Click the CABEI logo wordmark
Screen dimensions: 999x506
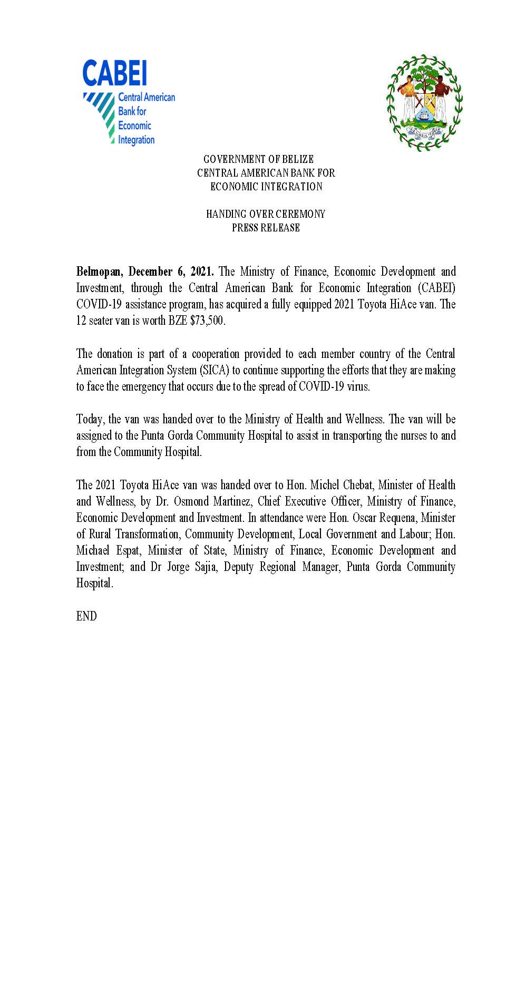[x=114, y=73]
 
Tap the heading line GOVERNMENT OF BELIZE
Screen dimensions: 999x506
[x=259, y=159]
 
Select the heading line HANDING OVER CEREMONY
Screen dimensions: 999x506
[x=266, y=214]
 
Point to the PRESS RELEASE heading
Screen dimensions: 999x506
[x=266, y=228]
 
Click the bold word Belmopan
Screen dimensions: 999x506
[x=99, y=272]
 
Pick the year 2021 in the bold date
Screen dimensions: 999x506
[x=202, y=272]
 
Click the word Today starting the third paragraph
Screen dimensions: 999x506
[x=91, y=420]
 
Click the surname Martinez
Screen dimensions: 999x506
[x=232, y=501]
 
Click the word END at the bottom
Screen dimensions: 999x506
[x=86, y=616]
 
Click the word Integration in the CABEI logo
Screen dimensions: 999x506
[x=136, y=140]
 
